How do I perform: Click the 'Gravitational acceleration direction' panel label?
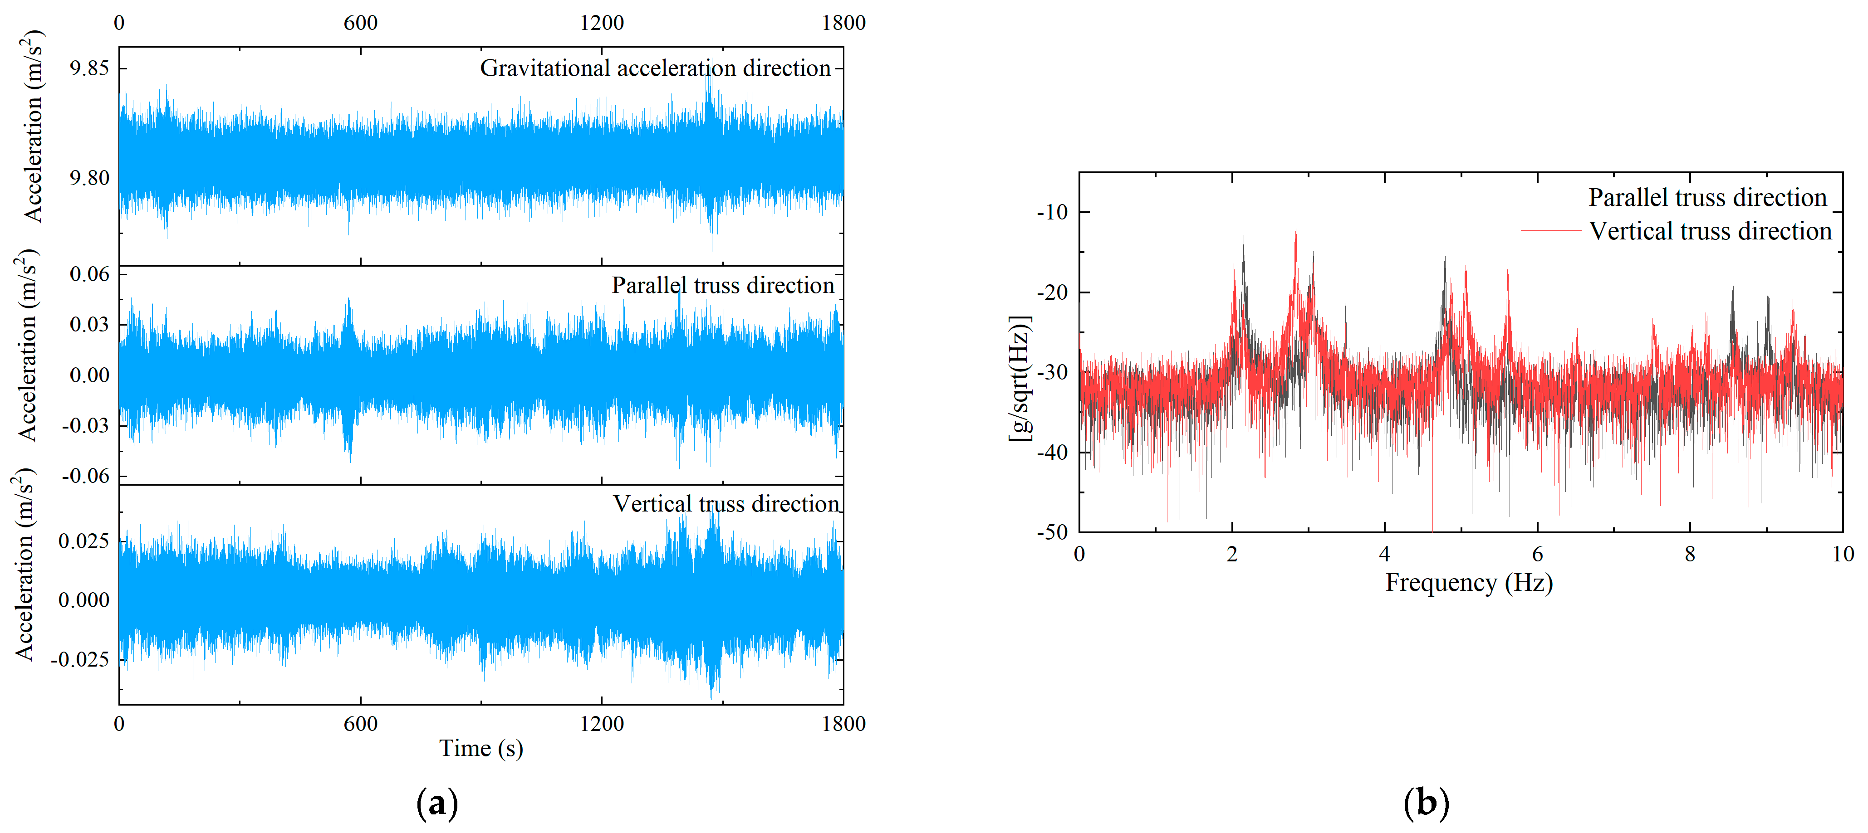click(655, 68)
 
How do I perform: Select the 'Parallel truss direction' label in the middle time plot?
click(723, 286)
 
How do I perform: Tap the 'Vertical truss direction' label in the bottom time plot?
click(726, 504)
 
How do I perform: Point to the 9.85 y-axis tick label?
click(89, 68)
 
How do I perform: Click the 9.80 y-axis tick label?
click(89, 178)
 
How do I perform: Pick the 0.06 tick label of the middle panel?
click(89, 274)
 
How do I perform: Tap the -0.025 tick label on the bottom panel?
click(80, 659)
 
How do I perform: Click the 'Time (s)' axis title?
click(481, 748)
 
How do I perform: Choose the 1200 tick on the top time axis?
click(602, 23)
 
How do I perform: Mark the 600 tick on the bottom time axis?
click(360, 724)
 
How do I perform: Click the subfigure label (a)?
click(437, 803)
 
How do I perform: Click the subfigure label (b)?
click(1426, 803)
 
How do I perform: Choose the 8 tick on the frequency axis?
click(1690, 555)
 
